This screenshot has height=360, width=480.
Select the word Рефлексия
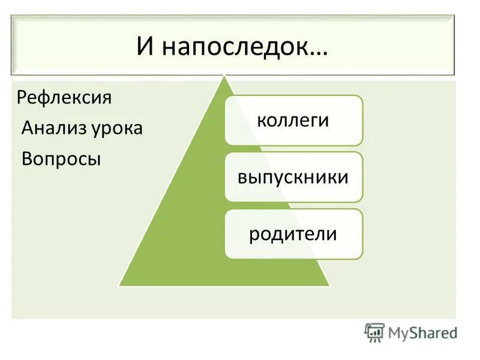[64, 97]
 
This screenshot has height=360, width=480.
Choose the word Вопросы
[61, 159]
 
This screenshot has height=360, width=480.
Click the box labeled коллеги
[293, 120]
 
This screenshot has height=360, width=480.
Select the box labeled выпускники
[293, 177]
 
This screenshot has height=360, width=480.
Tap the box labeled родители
[293, 234]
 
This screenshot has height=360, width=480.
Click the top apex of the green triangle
[224, 76]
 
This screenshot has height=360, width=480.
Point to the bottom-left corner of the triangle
[120, 285]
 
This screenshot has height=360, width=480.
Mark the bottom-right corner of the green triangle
[329, 285]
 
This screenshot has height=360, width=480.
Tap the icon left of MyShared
[374, 332]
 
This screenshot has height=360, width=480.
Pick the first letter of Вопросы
[26, 159]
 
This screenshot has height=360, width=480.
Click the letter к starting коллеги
[260, 121]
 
